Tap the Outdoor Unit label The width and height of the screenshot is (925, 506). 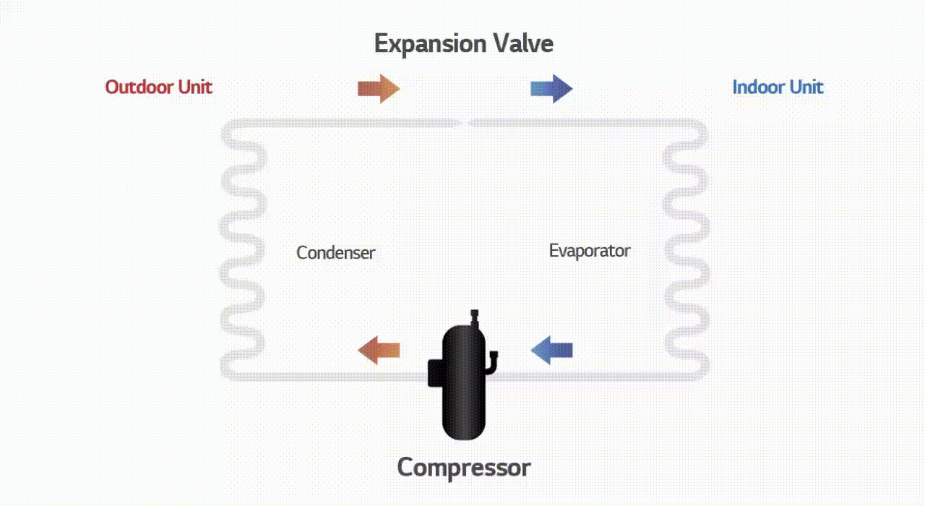(x=158, y=87)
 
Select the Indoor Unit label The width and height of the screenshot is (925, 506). (x=777, y=87)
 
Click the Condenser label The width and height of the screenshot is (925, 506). (x=335, y=253)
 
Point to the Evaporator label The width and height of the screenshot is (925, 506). (x=589, y=251)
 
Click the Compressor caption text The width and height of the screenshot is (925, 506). (x=463, y=467)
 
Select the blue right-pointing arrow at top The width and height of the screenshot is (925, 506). (x=551, y=88)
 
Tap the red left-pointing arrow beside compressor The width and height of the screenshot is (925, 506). (x=379, y=350)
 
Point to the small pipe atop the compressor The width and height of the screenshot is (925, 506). (x=475, y=318)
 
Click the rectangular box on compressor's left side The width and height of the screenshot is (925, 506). (x=436, y=372)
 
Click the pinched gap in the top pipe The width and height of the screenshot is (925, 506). (x=465, y=124)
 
